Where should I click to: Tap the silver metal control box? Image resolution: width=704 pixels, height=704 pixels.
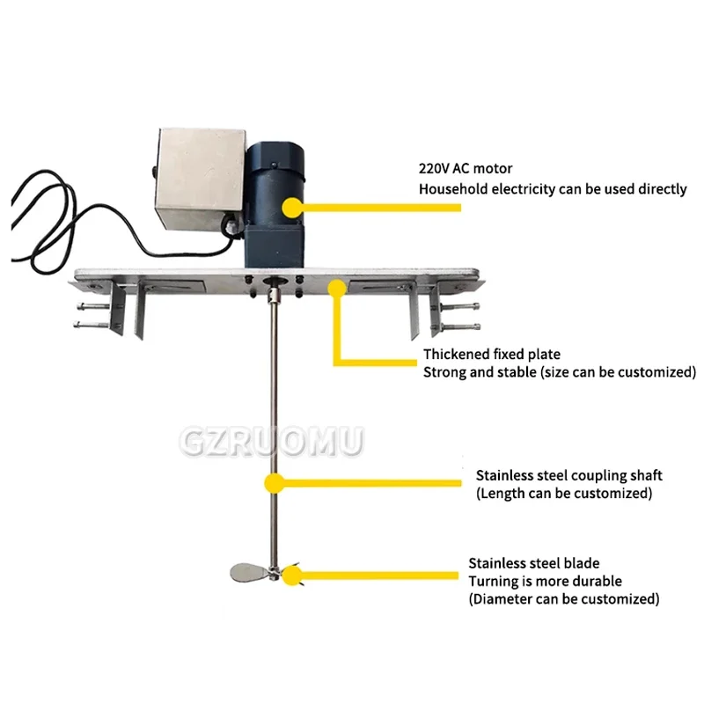click(x=198, y=176)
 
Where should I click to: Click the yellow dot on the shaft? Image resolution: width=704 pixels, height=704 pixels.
click(x=275, y=481)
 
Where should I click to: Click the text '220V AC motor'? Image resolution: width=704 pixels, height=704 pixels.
click(x=465, y=167)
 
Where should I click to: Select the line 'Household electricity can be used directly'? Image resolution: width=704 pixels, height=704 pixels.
click(x=553, y=188)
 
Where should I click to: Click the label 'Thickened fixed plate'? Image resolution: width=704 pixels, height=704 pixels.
click(x=491, y=354)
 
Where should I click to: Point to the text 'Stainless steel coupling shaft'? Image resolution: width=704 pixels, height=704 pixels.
click(x=568, y=475)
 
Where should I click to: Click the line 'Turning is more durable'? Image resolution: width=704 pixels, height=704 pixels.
click(x=545, y=581)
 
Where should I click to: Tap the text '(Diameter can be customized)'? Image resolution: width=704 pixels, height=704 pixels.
click(x=563, y=599)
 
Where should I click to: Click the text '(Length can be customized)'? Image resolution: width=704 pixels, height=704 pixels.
click(x=564, y=494)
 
